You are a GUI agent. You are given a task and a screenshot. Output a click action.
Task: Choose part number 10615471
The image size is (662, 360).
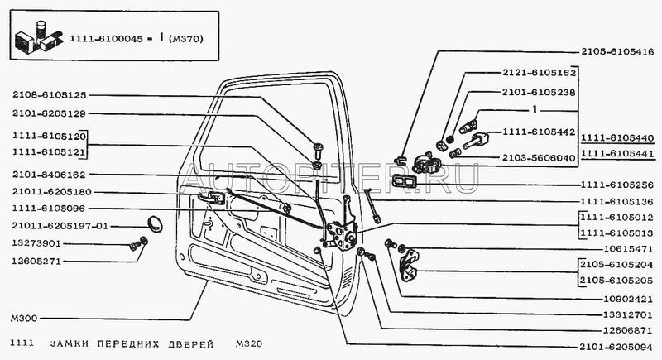[x=621, y=247]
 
